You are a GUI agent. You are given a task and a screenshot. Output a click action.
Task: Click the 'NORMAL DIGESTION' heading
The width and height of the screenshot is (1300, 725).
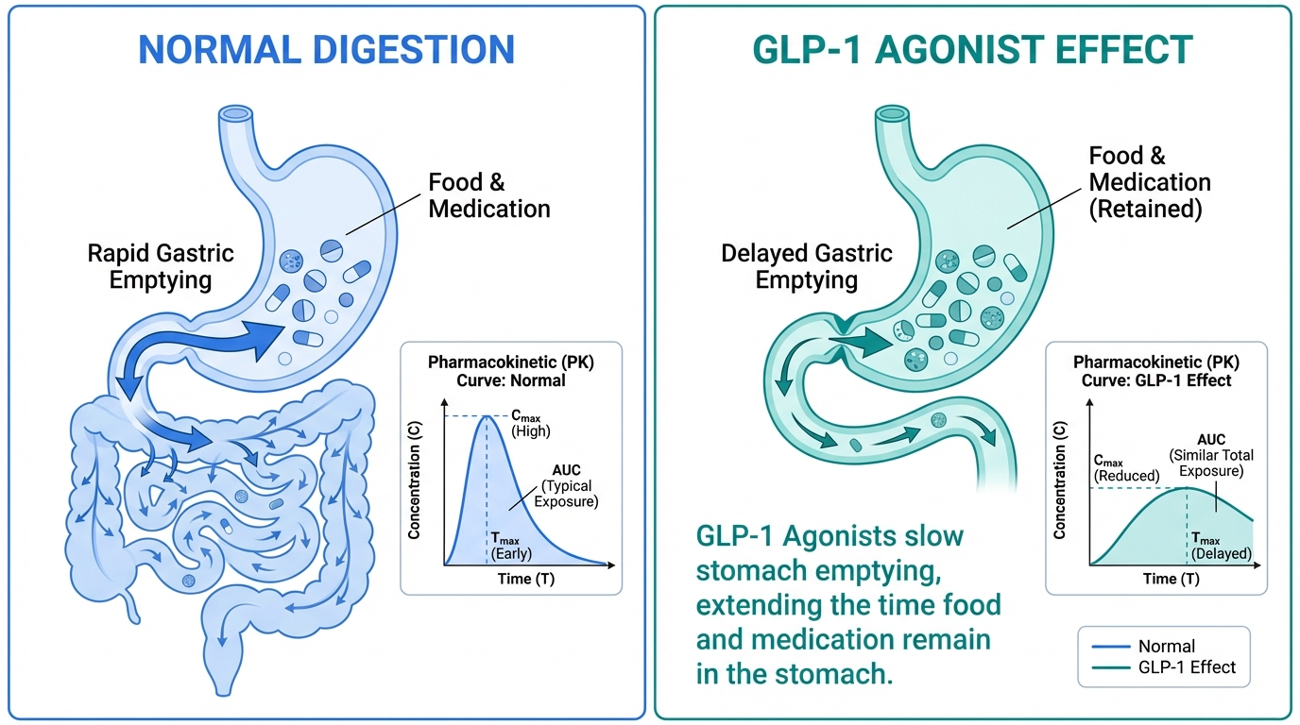click(326, 49)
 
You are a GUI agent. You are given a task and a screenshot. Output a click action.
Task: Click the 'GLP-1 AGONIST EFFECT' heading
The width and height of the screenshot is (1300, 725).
click(972, 49)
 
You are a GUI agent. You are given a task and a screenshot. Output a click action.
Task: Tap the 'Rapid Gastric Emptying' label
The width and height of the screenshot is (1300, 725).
click(161, 266)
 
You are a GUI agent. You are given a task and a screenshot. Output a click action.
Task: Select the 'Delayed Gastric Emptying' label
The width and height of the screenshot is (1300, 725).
click(806, 266)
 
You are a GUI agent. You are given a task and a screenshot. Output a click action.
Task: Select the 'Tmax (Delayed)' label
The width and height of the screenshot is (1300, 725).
click(1221, 544)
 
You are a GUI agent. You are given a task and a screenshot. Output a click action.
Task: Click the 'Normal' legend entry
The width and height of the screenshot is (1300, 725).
click(1166, 647)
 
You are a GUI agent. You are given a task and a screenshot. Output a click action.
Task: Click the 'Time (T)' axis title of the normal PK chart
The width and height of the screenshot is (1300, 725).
click(526, 579)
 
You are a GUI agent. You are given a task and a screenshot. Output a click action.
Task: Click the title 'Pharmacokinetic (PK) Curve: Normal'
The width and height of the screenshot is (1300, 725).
click(511, 371)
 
